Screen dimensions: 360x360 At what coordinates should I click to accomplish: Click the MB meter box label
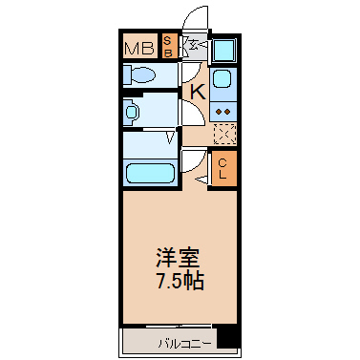139,49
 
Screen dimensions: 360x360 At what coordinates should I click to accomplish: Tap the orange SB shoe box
168,47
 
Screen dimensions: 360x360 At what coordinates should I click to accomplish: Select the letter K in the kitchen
198,92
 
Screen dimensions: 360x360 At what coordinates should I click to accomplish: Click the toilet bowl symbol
139,75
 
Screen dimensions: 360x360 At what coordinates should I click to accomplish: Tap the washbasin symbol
131,112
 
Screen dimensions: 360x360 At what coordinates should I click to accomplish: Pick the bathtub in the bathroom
151,173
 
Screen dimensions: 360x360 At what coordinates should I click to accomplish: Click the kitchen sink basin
222,78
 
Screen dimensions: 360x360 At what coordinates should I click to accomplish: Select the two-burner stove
222,112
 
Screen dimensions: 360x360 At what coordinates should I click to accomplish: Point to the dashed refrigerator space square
224,133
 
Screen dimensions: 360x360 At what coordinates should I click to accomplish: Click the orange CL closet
224,168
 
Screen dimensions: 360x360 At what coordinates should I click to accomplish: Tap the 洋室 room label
178,258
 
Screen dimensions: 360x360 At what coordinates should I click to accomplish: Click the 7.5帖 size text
180,281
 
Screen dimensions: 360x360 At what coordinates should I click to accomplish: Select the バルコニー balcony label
184,344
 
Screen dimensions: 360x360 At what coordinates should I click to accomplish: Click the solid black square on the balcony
227,336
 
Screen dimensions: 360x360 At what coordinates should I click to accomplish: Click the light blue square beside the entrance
224,50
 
